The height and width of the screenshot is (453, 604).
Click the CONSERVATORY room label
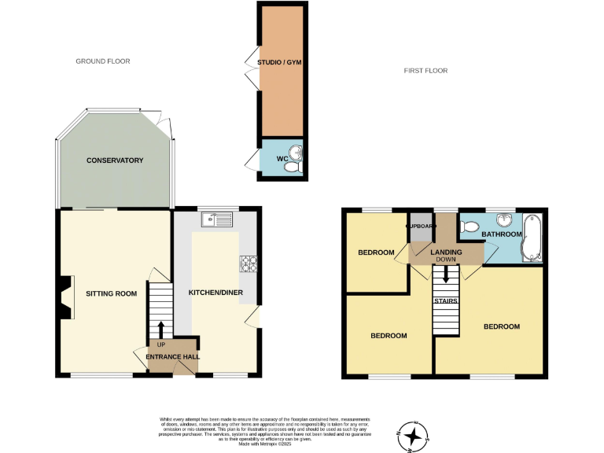115,160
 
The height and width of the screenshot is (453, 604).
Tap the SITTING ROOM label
111,293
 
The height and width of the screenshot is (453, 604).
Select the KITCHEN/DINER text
215,293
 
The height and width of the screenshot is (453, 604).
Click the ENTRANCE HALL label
172,356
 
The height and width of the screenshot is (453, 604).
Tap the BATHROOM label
502,234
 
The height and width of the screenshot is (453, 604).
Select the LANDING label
445,252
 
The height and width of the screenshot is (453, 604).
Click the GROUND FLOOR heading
102,61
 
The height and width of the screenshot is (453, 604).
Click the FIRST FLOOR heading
425,71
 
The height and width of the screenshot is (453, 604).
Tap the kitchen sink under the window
217,219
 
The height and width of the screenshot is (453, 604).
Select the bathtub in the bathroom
532,238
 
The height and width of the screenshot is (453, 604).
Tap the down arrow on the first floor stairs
446,274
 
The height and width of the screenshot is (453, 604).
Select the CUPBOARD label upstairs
421,226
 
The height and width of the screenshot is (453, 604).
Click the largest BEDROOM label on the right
501,326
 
